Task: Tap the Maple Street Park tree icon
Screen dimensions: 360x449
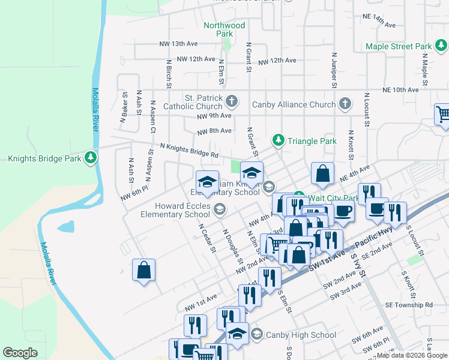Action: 440,46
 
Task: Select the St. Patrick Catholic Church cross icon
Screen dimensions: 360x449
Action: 232,99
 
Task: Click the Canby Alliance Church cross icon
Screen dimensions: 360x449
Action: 345,104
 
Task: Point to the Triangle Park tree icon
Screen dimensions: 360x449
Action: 279,140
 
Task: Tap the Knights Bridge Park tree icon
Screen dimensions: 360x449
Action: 91,158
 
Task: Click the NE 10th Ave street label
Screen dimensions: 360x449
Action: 400,89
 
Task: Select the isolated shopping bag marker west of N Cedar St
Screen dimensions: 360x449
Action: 144,270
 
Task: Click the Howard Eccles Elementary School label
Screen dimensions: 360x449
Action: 175,209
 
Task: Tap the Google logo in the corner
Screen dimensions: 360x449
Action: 20,352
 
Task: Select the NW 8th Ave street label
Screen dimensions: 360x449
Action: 214,131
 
